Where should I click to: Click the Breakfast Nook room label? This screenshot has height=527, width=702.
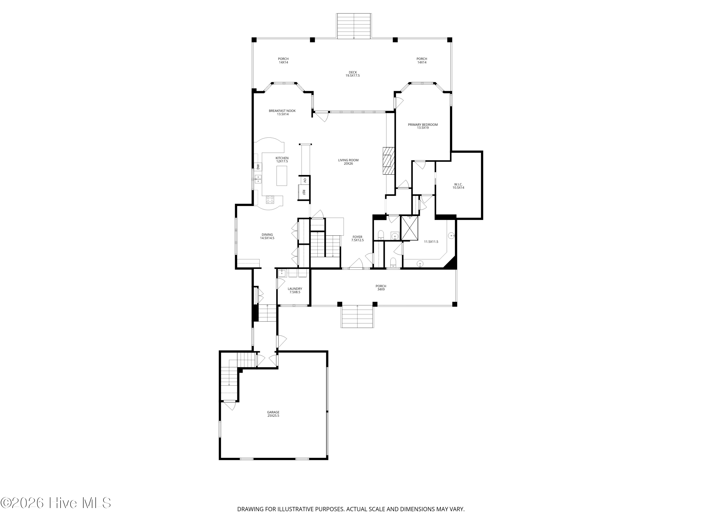[282, 112]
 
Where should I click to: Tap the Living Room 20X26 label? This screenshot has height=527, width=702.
[348, 162]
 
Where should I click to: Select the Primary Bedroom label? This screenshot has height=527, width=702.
[423, 126]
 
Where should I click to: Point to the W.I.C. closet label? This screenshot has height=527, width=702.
[458, 186]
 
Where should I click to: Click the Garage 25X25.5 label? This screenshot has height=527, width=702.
[273, 414]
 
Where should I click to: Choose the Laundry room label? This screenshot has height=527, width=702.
[295, 290]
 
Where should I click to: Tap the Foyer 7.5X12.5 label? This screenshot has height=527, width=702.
[357, 239]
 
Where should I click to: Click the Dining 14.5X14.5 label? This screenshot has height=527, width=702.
[267, 236]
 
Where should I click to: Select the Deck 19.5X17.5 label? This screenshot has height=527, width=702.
[353, 74]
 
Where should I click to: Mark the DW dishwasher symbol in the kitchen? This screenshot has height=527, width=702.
[258, 167]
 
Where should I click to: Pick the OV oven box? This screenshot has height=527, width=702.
[305, 180]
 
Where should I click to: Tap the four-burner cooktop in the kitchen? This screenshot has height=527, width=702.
[270, 200]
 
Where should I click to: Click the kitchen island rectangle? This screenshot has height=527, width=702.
[282, 176]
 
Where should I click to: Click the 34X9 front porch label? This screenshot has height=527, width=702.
[381, 288]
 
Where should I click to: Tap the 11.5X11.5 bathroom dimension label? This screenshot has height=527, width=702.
[431, 242]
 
